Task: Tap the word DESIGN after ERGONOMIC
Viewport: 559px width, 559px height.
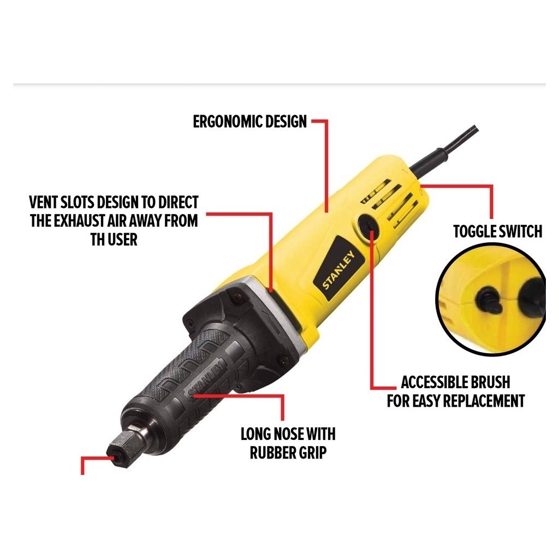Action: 286,122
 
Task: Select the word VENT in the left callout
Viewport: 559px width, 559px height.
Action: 43,202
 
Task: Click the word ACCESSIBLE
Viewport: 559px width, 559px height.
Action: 434,382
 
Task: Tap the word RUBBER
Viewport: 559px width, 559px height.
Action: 270,453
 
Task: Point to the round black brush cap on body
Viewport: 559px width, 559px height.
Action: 367,227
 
